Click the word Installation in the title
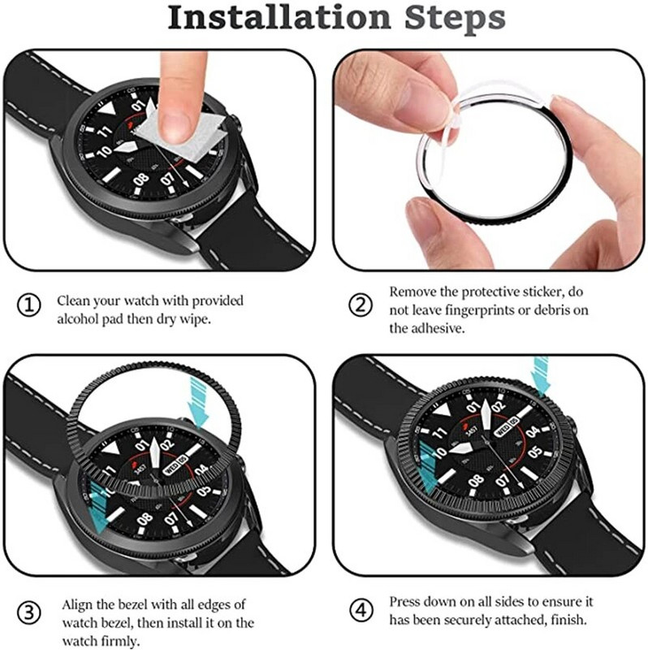pyautogui.click(x=275, y=17)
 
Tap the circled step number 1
pyautogui.click(x=28, y=305)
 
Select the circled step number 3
pyautogui.click(x=28, y=609)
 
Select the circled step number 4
pyautogui.click(x=360, y=609)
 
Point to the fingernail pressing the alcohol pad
pyautogui.click(x=173, y=123)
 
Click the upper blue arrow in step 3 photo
pyautogui.click(x=197, y=396)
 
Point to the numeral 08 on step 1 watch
pyautogui.click(x=140, y=179)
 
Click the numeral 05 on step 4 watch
pyautogui.click(x=535, y=452)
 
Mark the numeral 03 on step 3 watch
pyautogui.click(x=203, y=491)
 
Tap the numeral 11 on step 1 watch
pyautogui.click(x=105, y=131)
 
